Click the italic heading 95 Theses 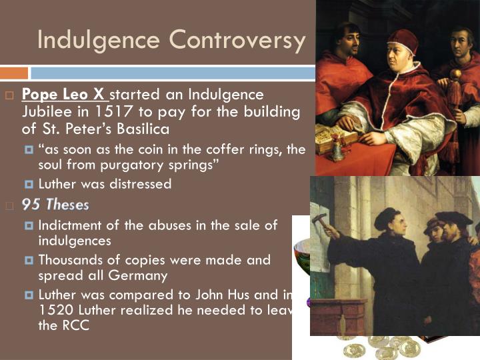pos(55,204)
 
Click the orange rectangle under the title pos(14,73)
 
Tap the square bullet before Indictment pos(29,225)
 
